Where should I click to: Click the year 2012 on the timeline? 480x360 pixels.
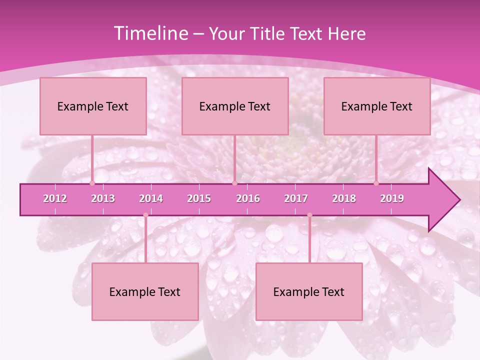coord(55,198)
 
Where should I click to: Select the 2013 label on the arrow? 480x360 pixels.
coord(103,198)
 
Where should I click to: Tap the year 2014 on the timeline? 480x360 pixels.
coord(151,198)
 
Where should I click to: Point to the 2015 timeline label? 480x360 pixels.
coord(199,198)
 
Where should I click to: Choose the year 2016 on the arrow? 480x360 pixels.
coord(248,198)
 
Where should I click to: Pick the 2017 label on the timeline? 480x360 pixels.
coord(296,198)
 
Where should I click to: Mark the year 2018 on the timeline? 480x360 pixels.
coord(344,198)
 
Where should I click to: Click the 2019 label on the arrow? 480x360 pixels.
coord(392,198)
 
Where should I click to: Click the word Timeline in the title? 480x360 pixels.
coord(150,33)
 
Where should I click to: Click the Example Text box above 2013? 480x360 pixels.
coord(93,106)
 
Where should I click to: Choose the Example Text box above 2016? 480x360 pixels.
coord(235,106)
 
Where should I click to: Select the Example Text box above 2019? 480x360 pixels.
coord(377,106)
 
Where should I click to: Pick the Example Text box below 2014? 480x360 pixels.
coord(145,291)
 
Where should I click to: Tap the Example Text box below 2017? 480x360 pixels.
coord(309,291)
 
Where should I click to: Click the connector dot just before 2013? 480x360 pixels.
coord(92,183)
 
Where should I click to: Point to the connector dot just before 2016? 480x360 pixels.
coord(234,183)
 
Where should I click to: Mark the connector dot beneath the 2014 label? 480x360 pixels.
coord(145,215)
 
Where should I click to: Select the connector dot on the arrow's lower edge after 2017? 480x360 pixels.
coord(309,215)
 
